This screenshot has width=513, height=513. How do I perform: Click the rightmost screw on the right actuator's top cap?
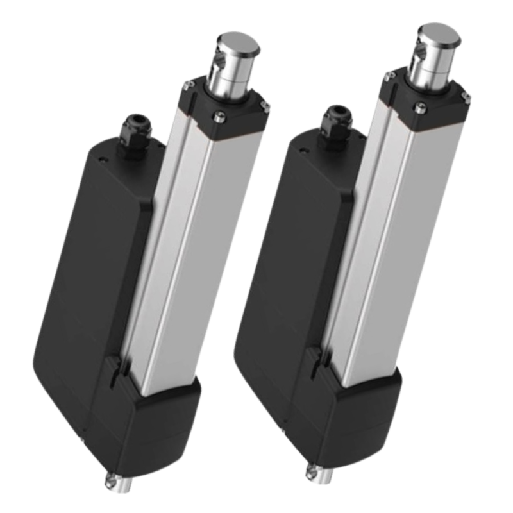(x=466, y=97)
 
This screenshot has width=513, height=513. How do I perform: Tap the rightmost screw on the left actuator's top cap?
(x=265, y=106)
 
